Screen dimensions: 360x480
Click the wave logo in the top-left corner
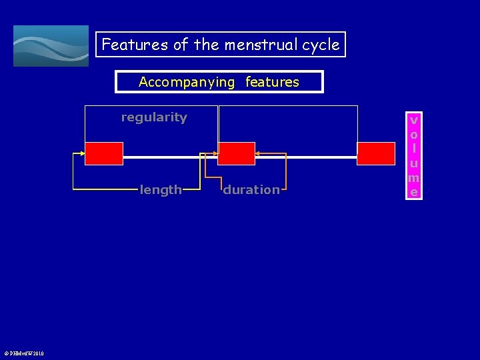coord(51,46)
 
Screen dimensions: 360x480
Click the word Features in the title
coord(135,45)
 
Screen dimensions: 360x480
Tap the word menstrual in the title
coord(256,45)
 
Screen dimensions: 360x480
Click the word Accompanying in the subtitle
coord(187,82)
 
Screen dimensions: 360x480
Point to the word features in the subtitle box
coord(272,82)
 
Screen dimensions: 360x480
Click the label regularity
coord(154,117)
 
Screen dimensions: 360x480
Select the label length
coord(161,190)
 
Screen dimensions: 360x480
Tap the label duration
coord(251,190)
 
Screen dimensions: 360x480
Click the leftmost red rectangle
coord(104,153)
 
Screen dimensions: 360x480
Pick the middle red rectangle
coord(237,153)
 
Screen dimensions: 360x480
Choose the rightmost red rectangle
coord(376,153)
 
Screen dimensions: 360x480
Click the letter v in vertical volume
coord(414,121)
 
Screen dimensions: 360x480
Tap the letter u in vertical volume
coord(414,163)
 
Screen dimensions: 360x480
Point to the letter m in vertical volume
coord(414,178)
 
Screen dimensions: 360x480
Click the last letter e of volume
coord(414,192)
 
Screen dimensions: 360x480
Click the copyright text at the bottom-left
coord(24,353)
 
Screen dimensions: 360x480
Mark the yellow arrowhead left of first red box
coord(82,153)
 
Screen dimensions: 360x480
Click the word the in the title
coord(207,45)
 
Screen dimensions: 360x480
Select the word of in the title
coord(181,45)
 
